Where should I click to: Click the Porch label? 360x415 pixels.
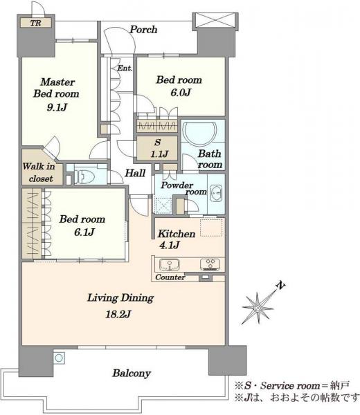pyautogui.click(x=143, y=29)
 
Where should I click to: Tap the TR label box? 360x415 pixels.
pyautogui.click(x=36, y=23)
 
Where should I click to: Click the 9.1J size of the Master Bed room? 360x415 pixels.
pyautogui.click(x=57, y=107)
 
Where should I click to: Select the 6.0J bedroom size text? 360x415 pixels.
pyautogui.click(x=181, y=93)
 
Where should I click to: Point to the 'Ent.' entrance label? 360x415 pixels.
pyautogui.click(x=125, y=68)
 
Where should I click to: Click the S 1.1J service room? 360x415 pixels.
pyautogui.click(x=157, y=148)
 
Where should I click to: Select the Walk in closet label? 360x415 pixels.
pyautogui.click(x=39, y=172)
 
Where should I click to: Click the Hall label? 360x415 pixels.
pyautogui.click(x=135, y=173)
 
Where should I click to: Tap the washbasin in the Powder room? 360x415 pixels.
pyautogui.click(x=217, y=194)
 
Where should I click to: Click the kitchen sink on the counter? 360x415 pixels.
pyautogui.click(x=170, y=264)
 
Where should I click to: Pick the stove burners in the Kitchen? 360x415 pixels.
pyautogui.click(x=210, y=264)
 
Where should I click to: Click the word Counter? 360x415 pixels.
pyautogui.click(x=170, y=277)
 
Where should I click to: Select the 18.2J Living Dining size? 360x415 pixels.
pyautogui.click(x=118, y=314)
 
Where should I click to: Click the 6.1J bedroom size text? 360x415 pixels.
pyautogui.click(x=84, y=232)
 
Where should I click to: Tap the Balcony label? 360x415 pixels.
pyautogui.click(x=132, y=373)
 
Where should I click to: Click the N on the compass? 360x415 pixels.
pyautogui.click(x=280, y=285)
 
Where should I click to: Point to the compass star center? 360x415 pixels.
pyautogui.click(x=258, y=308)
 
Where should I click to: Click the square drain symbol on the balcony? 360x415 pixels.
pyautogui.click(x=59, y=358)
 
